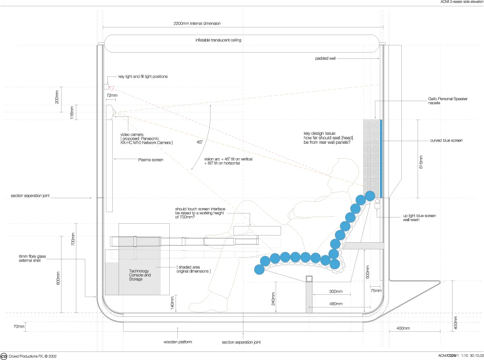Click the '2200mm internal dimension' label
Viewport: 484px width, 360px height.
point(197,23)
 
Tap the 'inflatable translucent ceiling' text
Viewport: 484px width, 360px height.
point(218,40)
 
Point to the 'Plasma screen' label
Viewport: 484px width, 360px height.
point(150,159)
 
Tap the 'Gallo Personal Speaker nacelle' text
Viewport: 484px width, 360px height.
point(448,101)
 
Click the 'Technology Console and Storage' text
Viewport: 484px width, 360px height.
point(140,275)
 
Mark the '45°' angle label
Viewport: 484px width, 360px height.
point(199,142)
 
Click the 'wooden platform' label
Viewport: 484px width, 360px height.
point(178,342)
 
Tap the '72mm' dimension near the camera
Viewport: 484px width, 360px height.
point(112,95)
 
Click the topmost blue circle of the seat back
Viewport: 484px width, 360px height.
point(370,196)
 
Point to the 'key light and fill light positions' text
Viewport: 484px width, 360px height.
point(143,77)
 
